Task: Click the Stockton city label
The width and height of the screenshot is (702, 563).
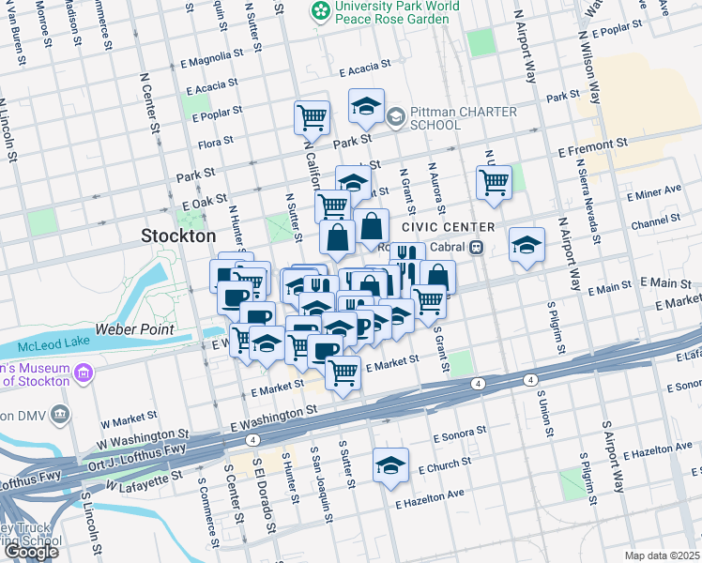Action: coord(178,236)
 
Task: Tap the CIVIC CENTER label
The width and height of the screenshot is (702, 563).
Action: coord(448,228)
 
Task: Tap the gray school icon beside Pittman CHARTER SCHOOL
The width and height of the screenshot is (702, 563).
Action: coord(395,116)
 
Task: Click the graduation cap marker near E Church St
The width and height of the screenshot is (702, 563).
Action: coord(390,464)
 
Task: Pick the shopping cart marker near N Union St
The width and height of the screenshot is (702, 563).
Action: coord(494,181)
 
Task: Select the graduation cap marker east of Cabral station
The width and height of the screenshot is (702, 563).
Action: coord(527,244)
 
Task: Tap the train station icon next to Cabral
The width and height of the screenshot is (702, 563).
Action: coord(477,248)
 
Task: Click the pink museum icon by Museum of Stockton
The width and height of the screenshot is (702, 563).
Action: coord(84,374)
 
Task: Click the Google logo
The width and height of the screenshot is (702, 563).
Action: coord(31,551)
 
